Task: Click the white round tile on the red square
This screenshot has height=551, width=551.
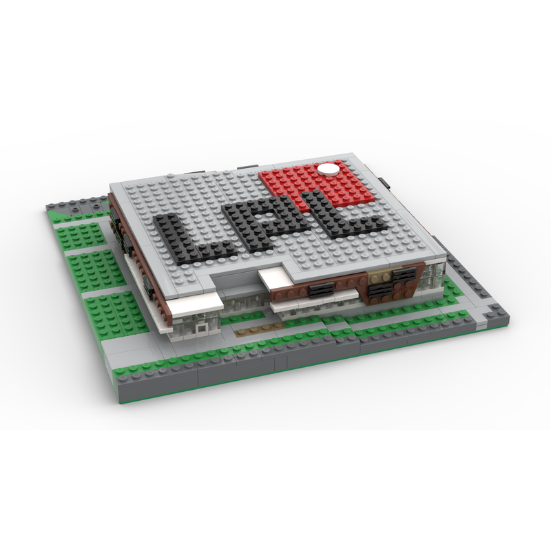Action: (329, 168)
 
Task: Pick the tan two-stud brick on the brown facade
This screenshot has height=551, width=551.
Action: (380, 278)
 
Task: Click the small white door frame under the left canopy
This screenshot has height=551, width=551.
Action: (202, 328)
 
